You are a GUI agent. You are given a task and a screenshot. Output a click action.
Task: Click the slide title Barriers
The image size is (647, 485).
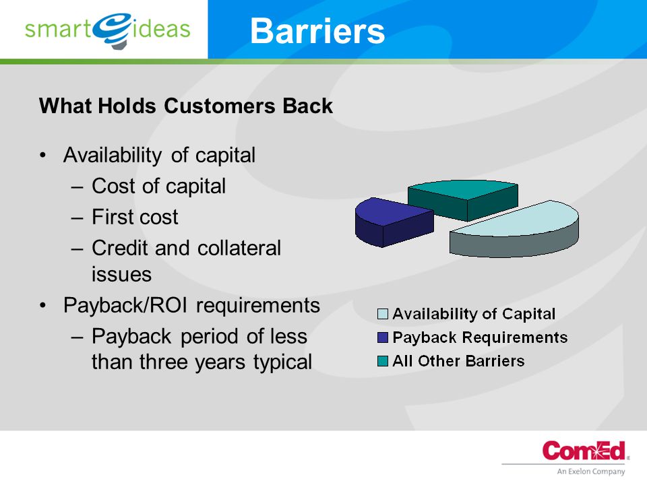[x=317, y=31]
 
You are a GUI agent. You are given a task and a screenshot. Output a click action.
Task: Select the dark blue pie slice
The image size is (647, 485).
[x=392, y=222]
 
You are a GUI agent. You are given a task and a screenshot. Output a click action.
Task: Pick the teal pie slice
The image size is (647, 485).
[x=463, y=199]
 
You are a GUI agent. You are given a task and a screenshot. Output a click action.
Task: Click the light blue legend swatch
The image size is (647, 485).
[x=383, y=315]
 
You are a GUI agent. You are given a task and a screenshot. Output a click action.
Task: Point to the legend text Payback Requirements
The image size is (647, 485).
[x=480, y=337]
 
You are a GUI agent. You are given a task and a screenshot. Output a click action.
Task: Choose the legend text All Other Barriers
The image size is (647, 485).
[x=458, y=361]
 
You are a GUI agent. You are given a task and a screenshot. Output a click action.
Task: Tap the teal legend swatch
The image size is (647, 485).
[x=383, y=361]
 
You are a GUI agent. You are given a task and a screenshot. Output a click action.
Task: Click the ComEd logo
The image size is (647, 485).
[x=584, y=451]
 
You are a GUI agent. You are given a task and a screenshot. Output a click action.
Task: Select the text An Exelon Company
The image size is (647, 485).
[x=590, y=472]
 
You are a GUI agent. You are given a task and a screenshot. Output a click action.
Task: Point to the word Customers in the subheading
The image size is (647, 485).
[x=220, y=106]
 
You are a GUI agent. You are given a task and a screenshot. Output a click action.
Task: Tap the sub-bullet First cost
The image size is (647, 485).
[x=135, y=217]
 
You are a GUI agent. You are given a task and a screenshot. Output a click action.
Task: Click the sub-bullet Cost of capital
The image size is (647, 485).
[x=159, y=187]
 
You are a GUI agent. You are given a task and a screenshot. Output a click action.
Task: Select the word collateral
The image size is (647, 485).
[x=239, y=248]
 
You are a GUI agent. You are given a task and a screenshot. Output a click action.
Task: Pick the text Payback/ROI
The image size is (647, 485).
[x=125, y=306]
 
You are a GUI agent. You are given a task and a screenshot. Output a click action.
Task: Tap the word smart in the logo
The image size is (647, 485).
[x=58, y=29]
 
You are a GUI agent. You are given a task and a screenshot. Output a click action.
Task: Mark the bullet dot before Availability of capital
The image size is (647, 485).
[x=43, y=156]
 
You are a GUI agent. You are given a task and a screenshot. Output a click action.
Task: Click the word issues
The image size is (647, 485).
[x=122, y=275]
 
